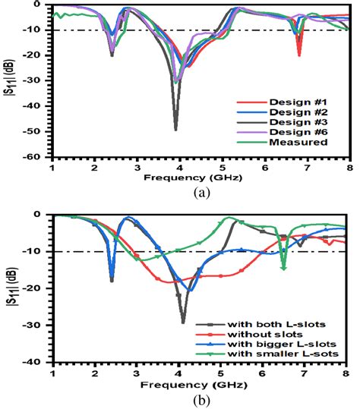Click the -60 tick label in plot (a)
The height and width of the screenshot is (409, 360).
(37, 159)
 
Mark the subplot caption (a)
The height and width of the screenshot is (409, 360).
(201, 193)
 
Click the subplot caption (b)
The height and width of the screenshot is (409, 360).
(201, 400)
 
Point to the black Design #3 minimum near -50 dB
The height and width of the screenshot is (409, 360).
(176, 128)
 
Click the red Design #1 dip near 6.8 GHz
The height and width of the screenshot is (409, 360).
(298, 55)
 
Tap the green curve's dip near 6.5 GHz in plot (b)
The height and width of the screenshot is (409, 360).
(283, 268)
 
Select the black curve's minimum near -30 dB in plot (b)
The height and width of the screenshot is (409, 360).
(183, 322)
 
